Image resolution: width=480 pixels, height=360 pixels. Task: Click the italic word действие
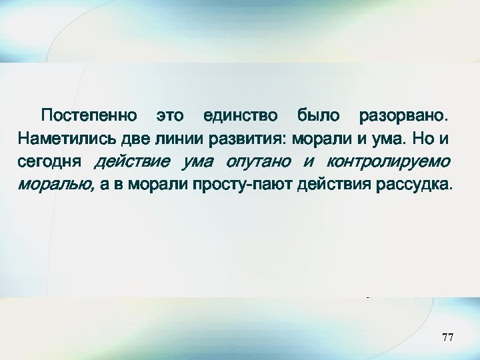[x=133, y=162]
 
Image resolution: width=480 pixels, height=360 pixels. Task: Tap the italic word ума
[x=199, y=162]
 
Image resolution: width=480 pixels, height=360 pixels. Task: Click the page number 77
[x=448, y=339]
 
